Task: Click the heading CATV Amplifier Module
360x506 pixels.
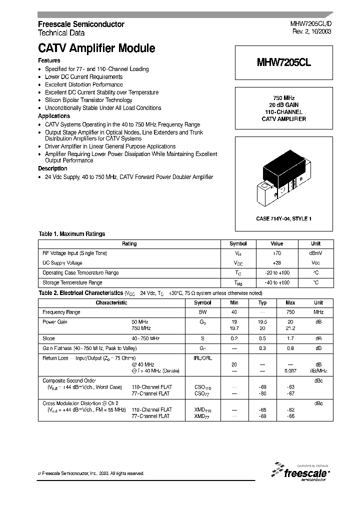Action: (x=96, y=48)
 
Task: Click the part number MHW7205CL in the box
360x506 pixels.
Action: (x=283, y=62)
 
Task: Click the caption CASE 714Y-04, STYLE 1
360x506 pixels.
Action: (x=283, y=219)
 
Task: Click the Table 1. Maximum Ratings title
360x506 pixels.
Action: (x=72, y=234)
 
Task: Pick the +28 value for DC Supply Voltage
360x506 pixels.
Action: (x=276, y=263)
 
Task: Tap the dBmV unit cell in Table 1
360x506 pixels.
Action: (x=315, y=253)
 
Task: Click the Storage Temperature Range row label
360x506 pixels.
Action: (x=72, y=282)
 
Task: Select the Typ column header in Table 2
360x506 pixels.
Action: (x=262, y=302)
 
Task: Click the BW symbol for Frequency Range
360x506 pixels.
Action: (x=202, y=312)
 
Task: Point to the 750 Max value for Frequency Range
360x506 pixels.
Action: (x=290, y=312)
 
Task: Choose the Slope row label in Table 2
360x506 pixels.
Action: (x=48, y=338)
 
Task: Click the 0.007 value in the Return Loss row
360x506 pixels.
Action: (x=290, y=370)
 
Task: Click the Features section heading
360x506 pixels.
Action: (x=49, y=60)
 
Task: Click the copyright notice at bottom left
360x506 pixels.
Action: (x=91, y=473)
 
